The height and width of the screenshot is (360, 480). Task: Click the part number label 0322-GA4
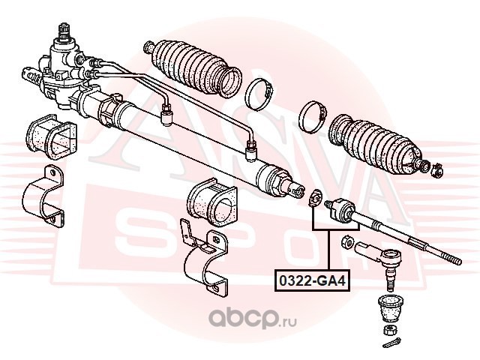[x=313, y=280]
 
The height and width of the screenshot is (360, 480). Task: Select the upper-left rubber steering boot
[x=193, y=69]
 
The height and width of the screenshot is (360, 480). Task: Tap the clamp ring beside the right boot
[x=313, y=115]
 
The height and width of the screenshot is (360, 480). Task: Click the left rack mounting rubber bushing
[x=51, y=136]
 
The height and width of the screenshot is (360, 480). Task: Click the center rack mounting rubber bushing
[x=211, y=202]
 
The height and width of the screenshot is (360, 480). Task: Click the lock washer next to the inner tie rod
[x=315, y=199]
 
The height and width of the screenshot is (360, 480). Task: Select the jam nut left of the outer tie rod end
[x=348, y=240]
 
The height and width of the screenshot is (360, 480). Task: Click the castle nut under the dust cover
[x=391, y=330]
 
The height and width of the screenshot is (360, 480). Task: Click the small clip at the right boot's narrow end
[x=436, y=171]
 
